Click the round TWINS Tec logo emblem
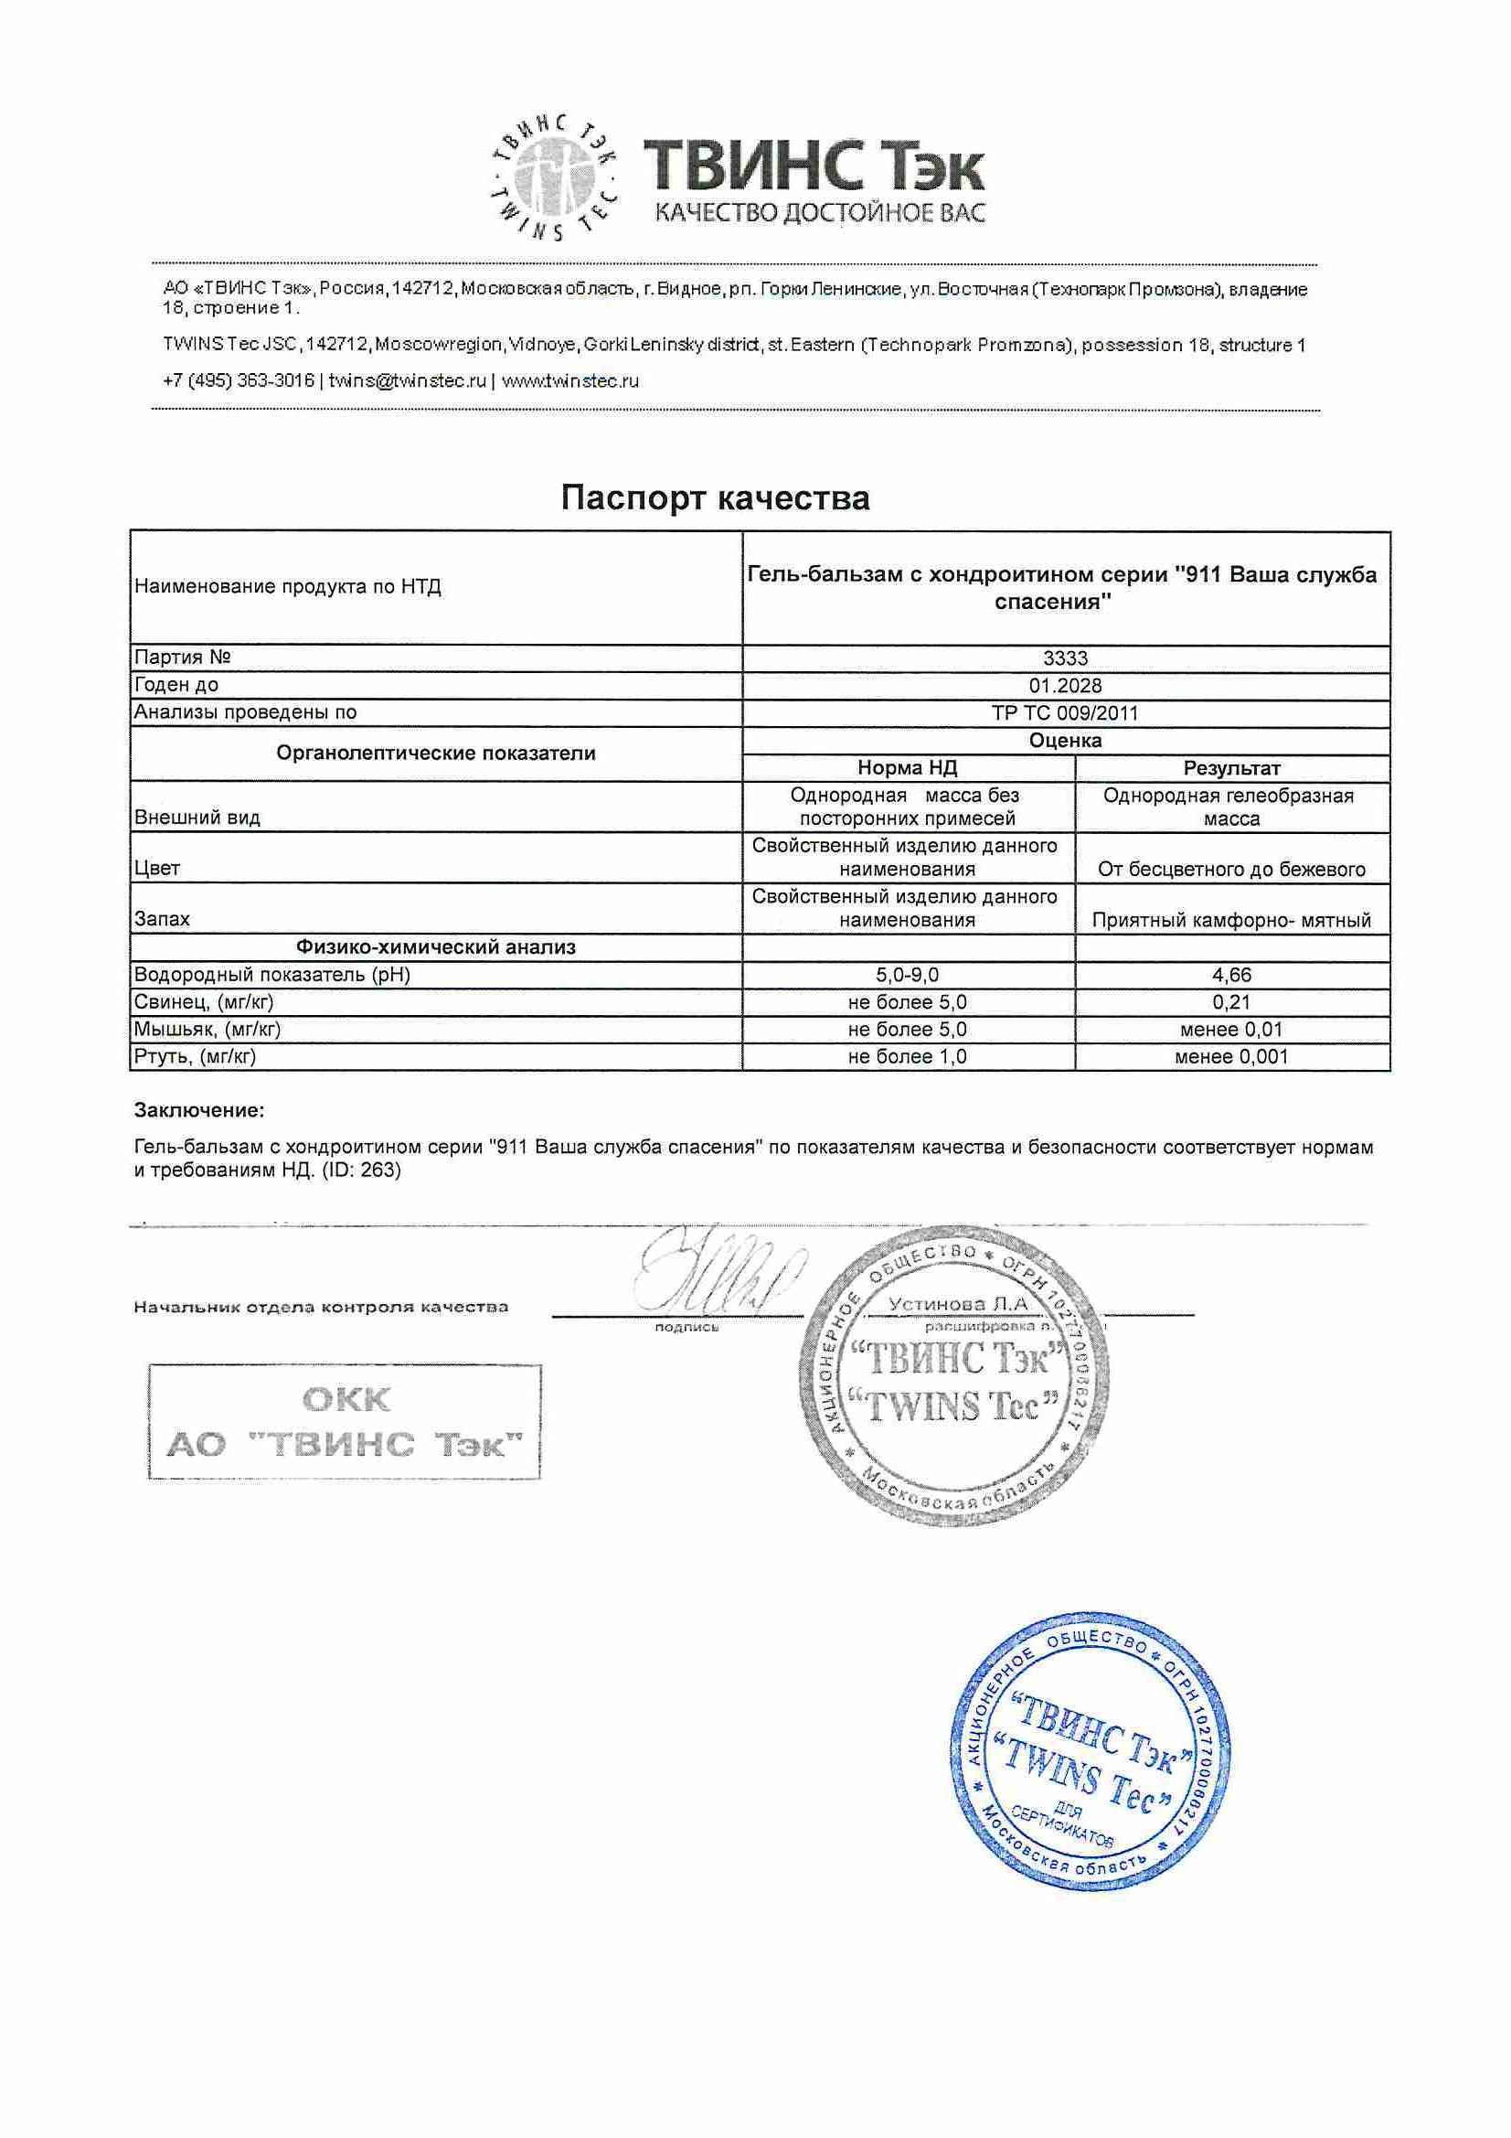coord(554,176)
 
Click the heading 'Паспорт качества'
coord(715,498)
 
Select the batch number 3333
coord(1065,658)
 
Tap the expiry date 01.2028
coord(1065,686)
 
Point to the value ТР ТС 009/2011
coord(1065,713)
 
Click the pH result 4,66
coord(1231,975)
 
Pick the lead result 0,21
coord(1231,1002)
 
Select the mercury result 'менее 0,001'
coord(1231,1057)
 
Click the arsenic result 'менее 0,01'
coord(1231,1030)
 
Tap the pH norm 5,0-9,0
coord(908,975)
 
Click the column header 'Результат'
coord(1231,768)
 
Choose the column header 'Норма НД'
coord(908,768)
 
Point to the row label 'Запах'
coord(162,919)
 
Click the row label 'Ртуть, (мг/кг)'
coord(195,1057)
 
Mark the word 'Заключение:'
coord(199,1110)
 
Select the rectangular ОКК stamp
coord(345,1421)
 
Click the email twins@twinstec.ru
coord(407,380)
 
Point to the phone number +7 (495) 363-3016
coord(239,380)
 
